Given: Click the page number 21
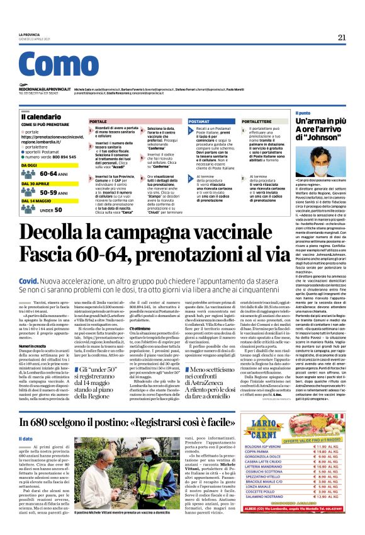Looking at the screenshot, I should click(x=342, y=37).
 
